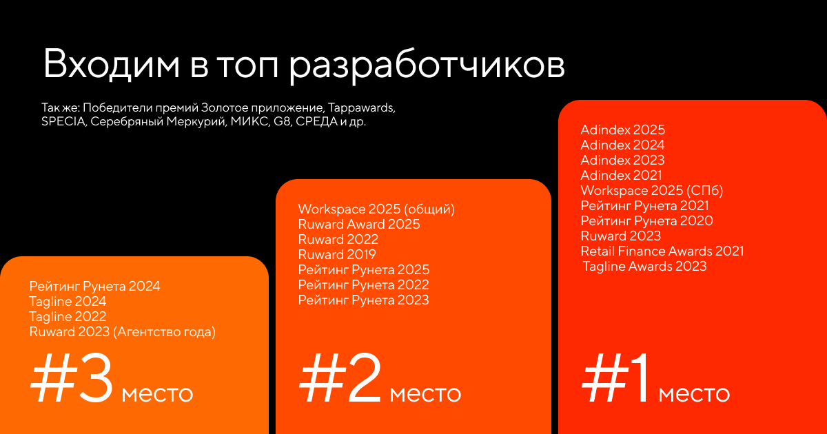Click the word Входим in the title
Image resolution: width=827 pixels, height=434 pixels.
pyautogui.click(x=112, y=63)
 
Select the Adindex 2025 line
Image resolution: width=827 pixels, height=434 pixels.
pyautogui.click(x=622, y=130)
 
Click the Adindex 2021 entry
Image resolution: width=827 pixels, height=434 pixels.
pyautogui.click(x=621, y=175)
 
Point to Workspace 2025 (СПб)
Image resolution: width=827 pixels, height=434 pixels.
pyautogui.click(x=652, y=190)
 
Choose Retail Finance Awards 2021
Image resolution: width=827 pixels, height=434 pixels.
pyautogui.click(x=662, y=251)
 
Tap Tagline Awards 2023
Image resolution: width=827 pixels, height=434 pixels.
pyautogui.click(x=644, y=266)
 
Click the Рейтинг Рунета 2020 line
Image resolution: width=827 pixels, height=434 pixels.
pyautogui.click(x=646, y=220)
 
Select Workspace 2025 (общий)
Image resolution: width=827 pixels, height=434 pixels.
pyautogui.click(x=376, y=209)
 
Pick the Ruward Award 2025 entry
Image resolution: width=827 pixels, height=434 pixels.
pyautogui.click(x=359, y=224)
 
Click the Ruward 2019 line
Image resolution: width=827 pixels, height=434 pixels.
pyautogui.click(x=337, y=254)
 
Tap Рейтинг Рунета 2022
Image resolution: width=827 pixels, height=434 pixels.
pyautogui.click(x=364, y=285)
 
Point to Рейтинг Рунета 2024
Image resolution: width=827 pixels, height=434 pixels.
pyautogui.click(x=95, y=287)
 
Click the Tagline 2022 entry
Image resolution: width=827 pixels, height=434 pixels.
pyautogui.click(x=68, y=317)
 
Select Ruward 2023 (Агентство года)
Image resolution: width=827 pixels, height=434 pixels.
pyautogui.click(x=123, y=332)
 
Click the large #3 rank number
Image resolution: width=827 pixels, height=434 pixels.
pyautogui.click(x=72, y=378)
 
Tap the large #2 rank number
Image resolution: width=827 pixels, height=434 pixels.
pyautogui.click(x=340, y=378)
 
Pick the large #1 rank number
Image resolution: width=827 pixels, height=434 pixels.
pyautogui.click(x=615, y=378)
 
